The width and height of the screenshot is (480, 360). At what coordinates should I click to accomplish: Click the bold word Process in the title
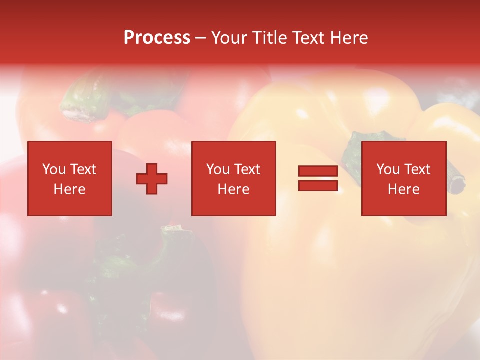[157, 38]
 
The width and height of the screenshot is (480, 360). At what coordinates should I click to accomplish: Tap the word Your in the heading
[229, 38]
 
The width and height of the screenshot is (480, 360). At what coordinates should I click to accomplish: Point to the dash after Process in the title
[200, 38]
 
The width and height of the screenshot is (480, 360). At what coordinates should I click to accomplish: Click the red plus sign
[152, 178]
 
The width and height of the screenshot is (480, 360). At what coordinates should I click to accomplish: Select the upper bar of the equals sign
[318, 171]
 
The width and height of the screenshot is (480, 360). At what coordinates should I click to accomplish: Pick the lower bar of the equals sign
[318, 185]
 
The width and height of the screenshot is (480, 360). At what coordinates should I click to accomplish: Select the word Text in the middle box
[248, 169]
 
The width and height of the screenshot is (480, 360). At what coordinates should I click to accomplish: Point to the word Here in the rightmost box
[404, 189]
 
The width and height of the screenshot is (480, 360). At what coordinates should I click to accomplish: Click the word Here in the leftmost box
[70, 189]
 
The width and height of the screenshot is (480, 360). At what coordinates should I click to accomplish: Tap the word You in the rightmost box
[388, 169]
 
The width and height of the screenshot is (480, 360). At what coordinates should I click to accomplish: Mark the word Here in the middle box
[234, 189]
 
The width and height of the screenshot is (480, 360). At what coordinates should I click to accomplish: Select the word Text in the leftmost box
[84, 169]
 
